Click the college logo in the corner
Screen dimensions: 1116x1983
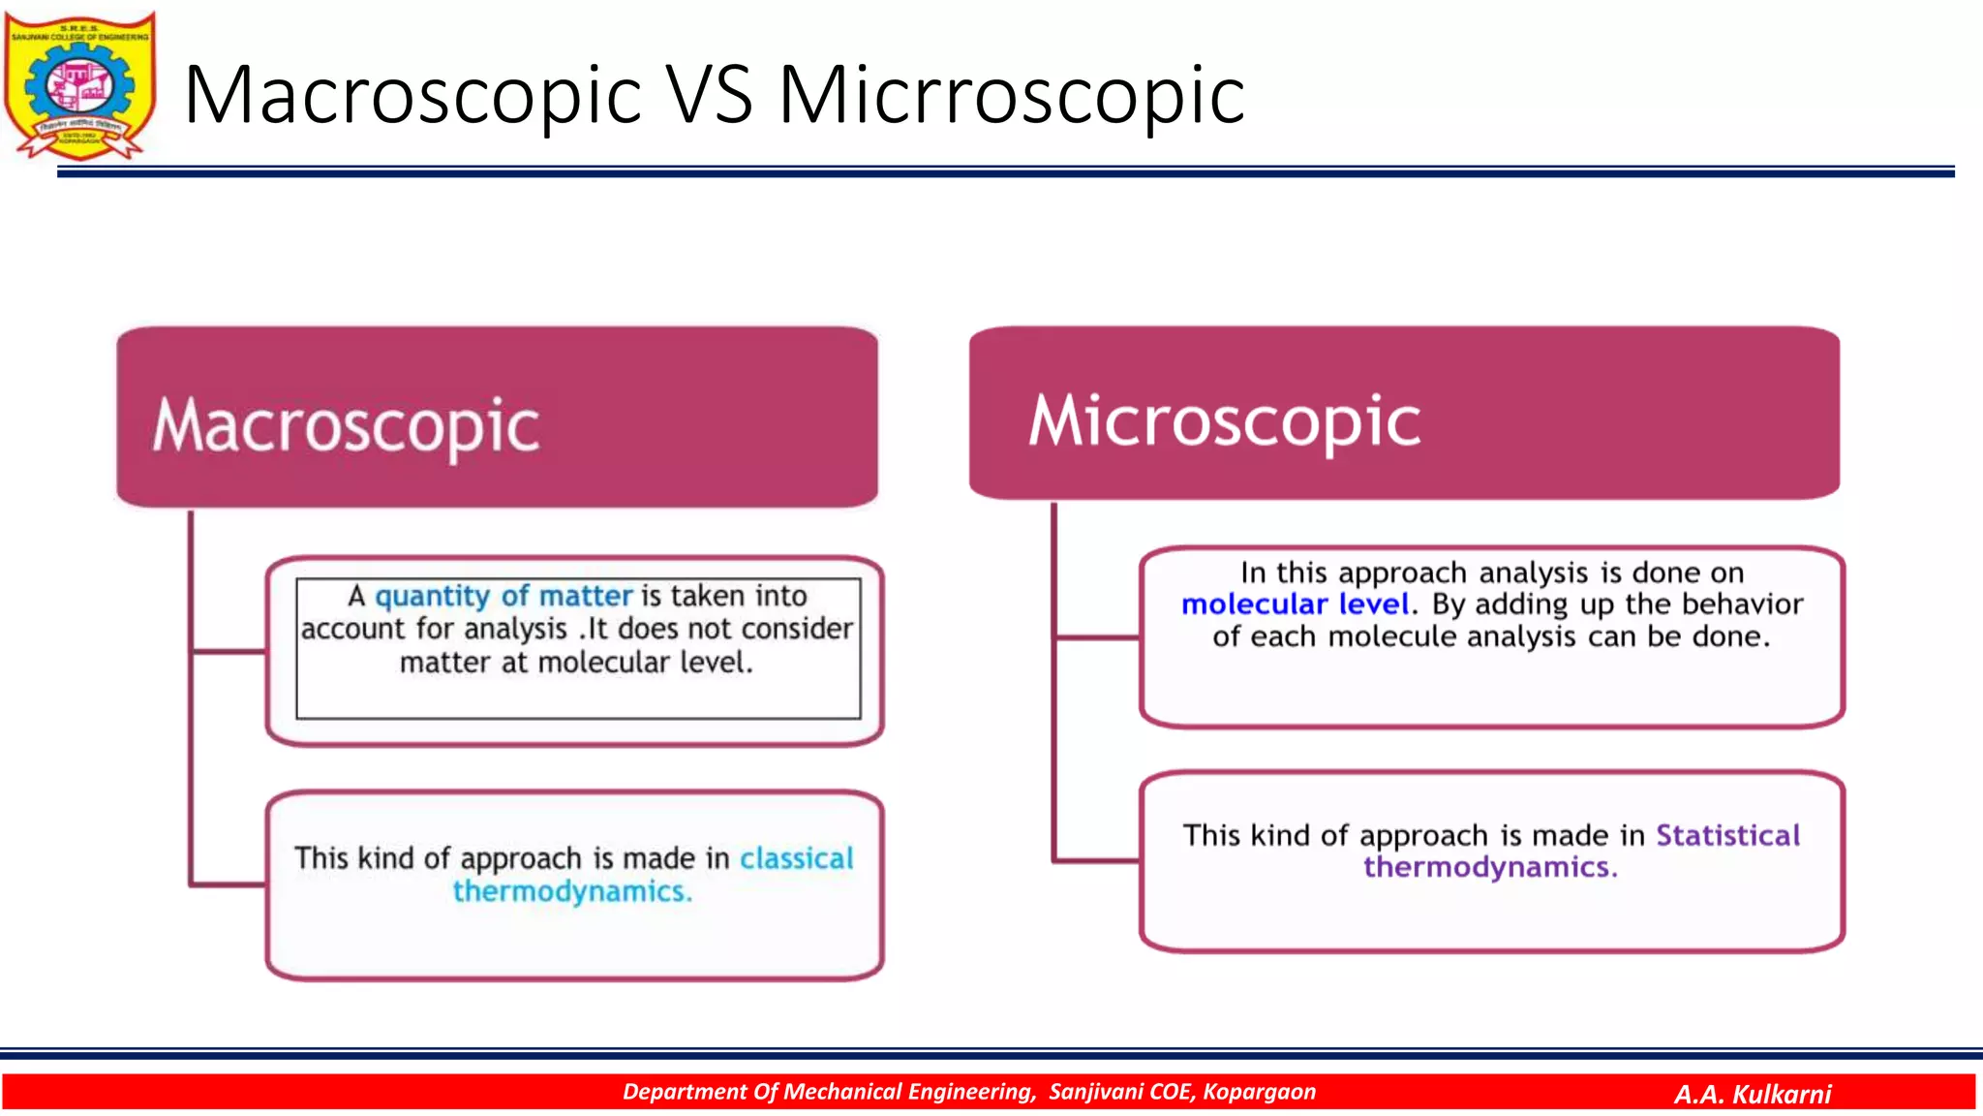pyautogui.click(x=79, y=85)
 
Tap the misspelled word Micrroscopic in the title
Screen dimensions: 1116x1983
pyautogui.click(x=1012, y=95)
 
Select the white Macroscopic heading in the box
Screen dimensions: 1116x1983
pyautogui.click(x=346, y=426)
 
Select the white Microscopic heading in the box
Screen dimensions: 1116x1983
pyautogui.click(x=1224, y=420)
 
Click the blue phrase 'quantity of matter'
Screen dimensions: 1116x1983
pyautogui.click(x=503, y=596)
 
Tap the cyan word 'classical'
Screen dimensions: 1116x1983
pyautogui.click(x=796, y=858)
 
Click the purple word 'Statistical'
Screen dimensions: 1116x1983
pyautogui.click(x=1727, y=835)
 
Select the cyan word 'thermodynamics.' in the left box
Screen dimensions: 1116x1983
pyautogui.click(x=572, y=891)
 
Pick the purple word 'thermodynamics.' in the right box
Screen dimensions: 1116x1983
pyautogui.click(x=1490, y=867)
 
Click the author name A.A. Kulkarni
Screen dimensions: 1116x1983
pyautogui.click(x=1753, y=1094)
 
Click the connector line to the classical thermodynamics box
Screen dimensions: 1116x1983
pyautogui.click(x=229, y=883)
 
